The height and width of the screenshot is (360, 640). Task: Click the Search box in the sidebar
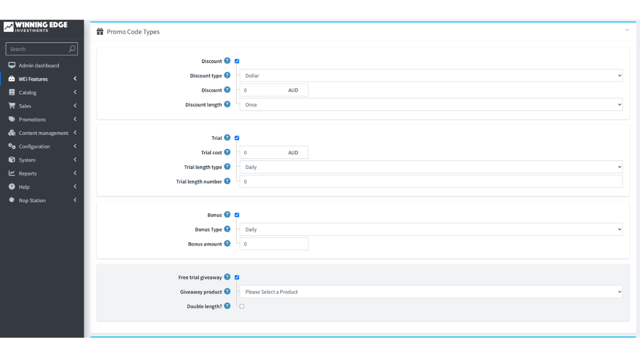pos(42,49)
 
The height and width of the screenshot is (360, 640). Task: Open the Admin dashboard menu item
pos(38,66)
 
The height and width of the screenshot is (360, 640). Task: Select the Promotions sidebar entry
pos(32,119)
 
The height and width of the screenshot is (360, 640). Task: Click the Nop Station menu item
pos(32,201)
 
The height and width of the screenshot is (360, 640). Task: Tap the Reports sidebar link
pos(28,173)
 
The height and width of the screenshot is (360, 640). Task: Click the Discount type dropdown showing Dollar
pos(431,76)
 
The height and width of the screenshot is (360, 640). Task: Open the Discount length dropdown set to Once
pos(431,105)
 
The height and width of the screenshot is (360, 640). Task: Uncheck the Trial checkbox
pos(237,138)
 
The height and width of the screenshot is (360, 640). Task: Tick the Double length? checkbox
pos(242,306)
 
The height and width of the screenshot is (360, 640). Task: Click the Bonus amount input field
pos(274,244)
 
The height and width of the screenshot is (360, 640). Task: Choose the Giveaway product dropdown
pos(431,292)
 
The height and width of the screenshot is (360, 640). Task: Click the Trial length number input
pos(431,181)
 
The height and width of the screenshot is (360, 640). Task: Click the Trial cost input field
pos(274,153)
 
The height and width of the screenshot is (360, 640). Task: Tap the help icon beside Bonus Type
pos(227,229)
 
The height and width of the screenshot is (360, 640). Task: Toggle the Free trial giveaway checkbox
pos(237,277)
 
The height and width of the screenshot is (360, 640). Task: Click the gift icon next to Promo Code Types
pos(100,31)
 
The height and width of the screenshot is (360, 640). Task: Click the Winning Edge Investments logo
pos(36,27)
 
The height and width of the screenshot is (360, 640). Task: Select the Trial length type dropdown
pos(431,167)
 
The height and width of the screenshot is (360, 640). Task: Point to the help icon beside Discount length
pos(227,105)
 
